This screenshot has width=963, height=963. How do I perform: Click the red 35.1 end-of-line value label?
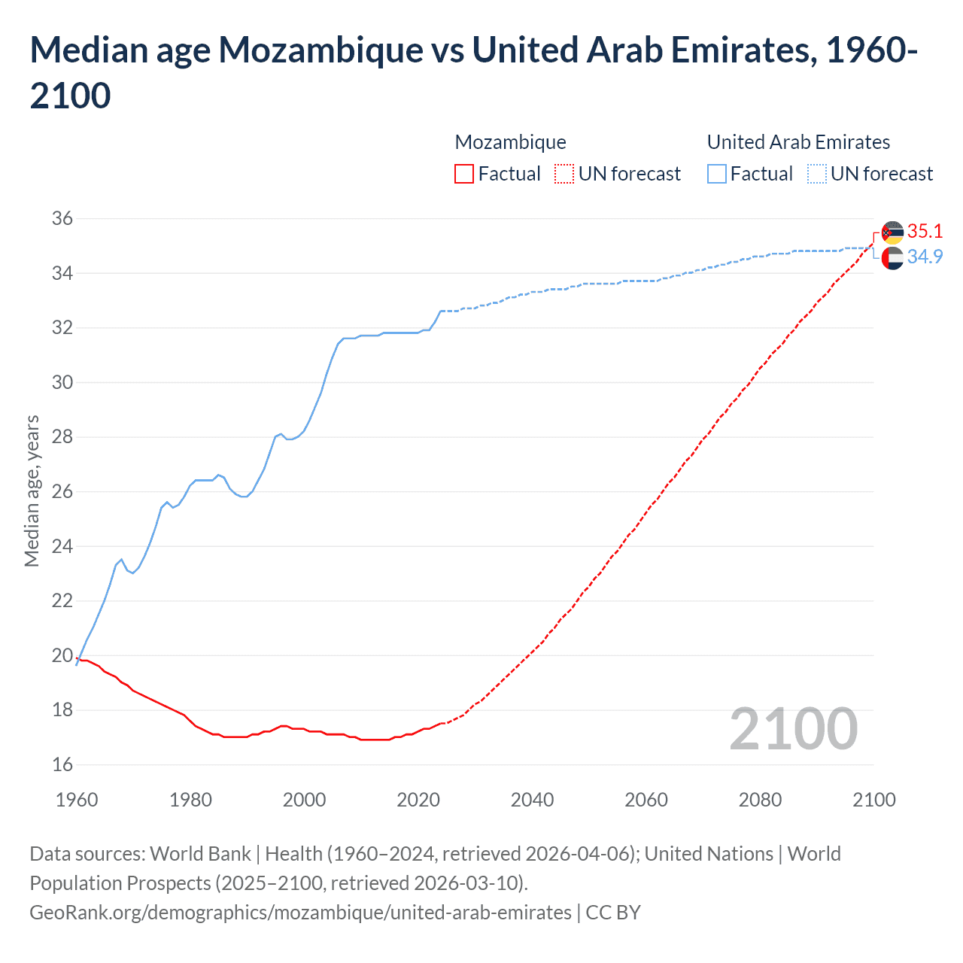925,231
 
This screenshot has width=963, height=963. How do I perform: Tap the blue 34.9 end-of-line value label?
925,257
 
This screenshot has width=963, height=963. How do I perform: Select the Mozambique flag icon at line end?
892,232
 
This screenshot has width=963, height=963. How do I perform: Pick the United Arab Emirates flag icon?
892,258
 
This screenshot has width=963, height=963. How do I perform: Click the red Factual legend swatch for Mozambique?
464,174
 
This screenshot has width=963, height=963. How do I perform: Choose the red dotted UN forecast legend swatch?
564,174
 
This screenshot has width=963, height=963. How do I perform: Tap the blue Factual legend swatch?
717,174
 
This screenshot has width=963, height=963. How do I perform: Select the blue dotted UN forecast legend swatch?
816,174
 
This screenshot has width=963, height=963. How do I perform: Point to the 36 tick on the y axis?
62,219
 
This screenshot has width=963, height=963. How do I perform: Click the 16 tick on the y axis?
62,765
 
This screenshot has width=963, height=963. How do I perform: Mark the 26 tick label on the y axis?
62,492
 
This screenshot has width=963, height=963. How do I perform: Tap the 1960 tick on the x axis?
77,800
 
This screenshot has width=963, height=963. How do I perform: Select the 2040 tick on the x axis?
532,800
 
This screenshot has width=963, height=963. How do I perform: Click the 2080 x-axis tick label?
760,800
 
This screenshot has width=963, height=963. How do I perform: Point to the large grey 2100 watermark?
793,728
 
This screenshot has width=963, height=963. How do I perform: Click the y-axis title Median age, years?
32,491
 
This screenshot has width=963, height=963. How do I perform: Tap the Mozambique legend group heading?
510,142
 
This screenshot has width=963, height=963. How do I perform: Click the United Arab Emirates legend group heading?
798,142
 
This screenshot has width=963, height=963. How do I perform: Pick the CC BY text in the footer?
613,913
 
